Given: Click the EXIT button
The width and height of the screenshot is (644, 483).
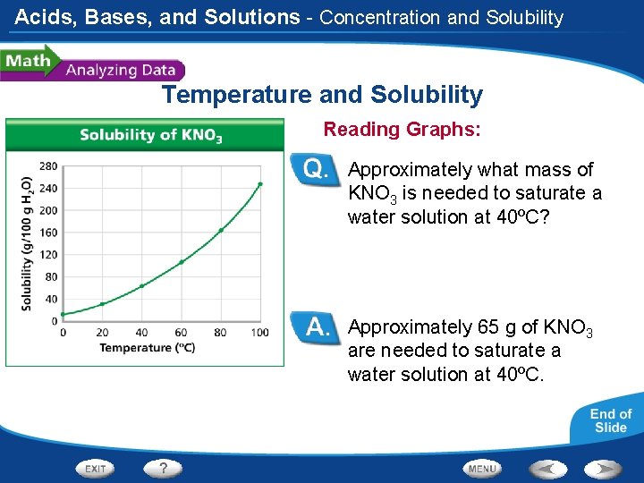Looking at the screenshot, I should point(97,468).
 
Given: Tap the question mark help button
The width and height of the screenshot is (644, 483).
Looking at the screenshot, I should point(163,468).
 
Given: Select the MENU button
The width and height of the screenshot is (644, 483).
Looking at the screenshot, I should point(482,468).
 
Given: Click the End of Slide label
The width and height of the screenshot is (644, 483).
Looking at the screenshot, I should point(610,420).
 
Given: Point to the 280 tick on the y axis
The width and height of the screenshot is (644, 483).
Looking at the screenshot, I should point(48,165).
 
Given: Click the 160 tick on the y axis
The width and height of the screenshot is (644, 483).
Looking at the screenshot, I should point(48,233).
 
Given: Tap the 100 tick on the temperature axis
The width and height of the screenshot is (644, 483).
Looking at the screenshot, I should point(259,333).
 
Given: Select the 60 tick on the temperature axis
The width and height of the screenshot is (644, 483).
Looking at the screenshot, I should point(181,333).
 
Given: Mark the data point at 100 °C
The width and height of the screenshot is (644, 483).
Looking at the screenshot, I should point(259,184).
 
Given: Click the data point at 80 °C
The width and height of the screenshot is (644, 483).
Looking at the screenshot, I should point(221,230).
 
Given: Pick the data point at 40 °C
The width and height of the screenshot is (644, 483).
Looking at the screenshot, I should point(141,286).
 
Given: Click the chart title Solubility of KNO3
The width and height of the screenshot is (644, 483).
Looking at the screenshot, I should point(150,135).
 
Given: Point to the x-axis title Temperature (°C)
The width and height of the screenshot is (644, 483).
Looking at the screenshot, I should point(147,348).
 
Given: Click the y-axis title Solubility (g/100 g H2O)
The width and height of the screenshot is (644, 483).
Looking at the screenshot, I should point(27,242).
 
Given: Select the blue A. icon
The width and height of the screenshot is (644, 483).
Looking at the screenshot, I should point(319,327).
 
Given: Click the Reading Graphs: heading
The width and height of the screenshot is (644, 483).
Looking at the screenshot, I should point(402,130).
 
